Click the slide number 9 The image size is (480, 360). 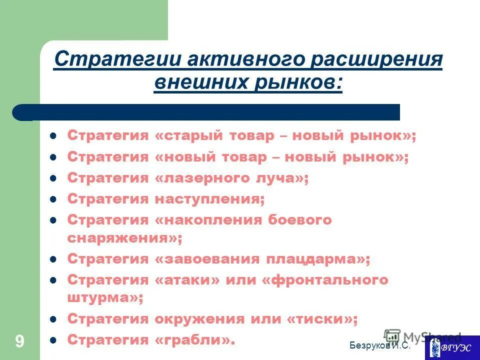click(x=19, y=341)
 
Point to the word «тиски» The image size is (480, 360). click(x=323, y=318)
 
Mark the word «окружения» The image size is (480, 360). click(x=193, y=318)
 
